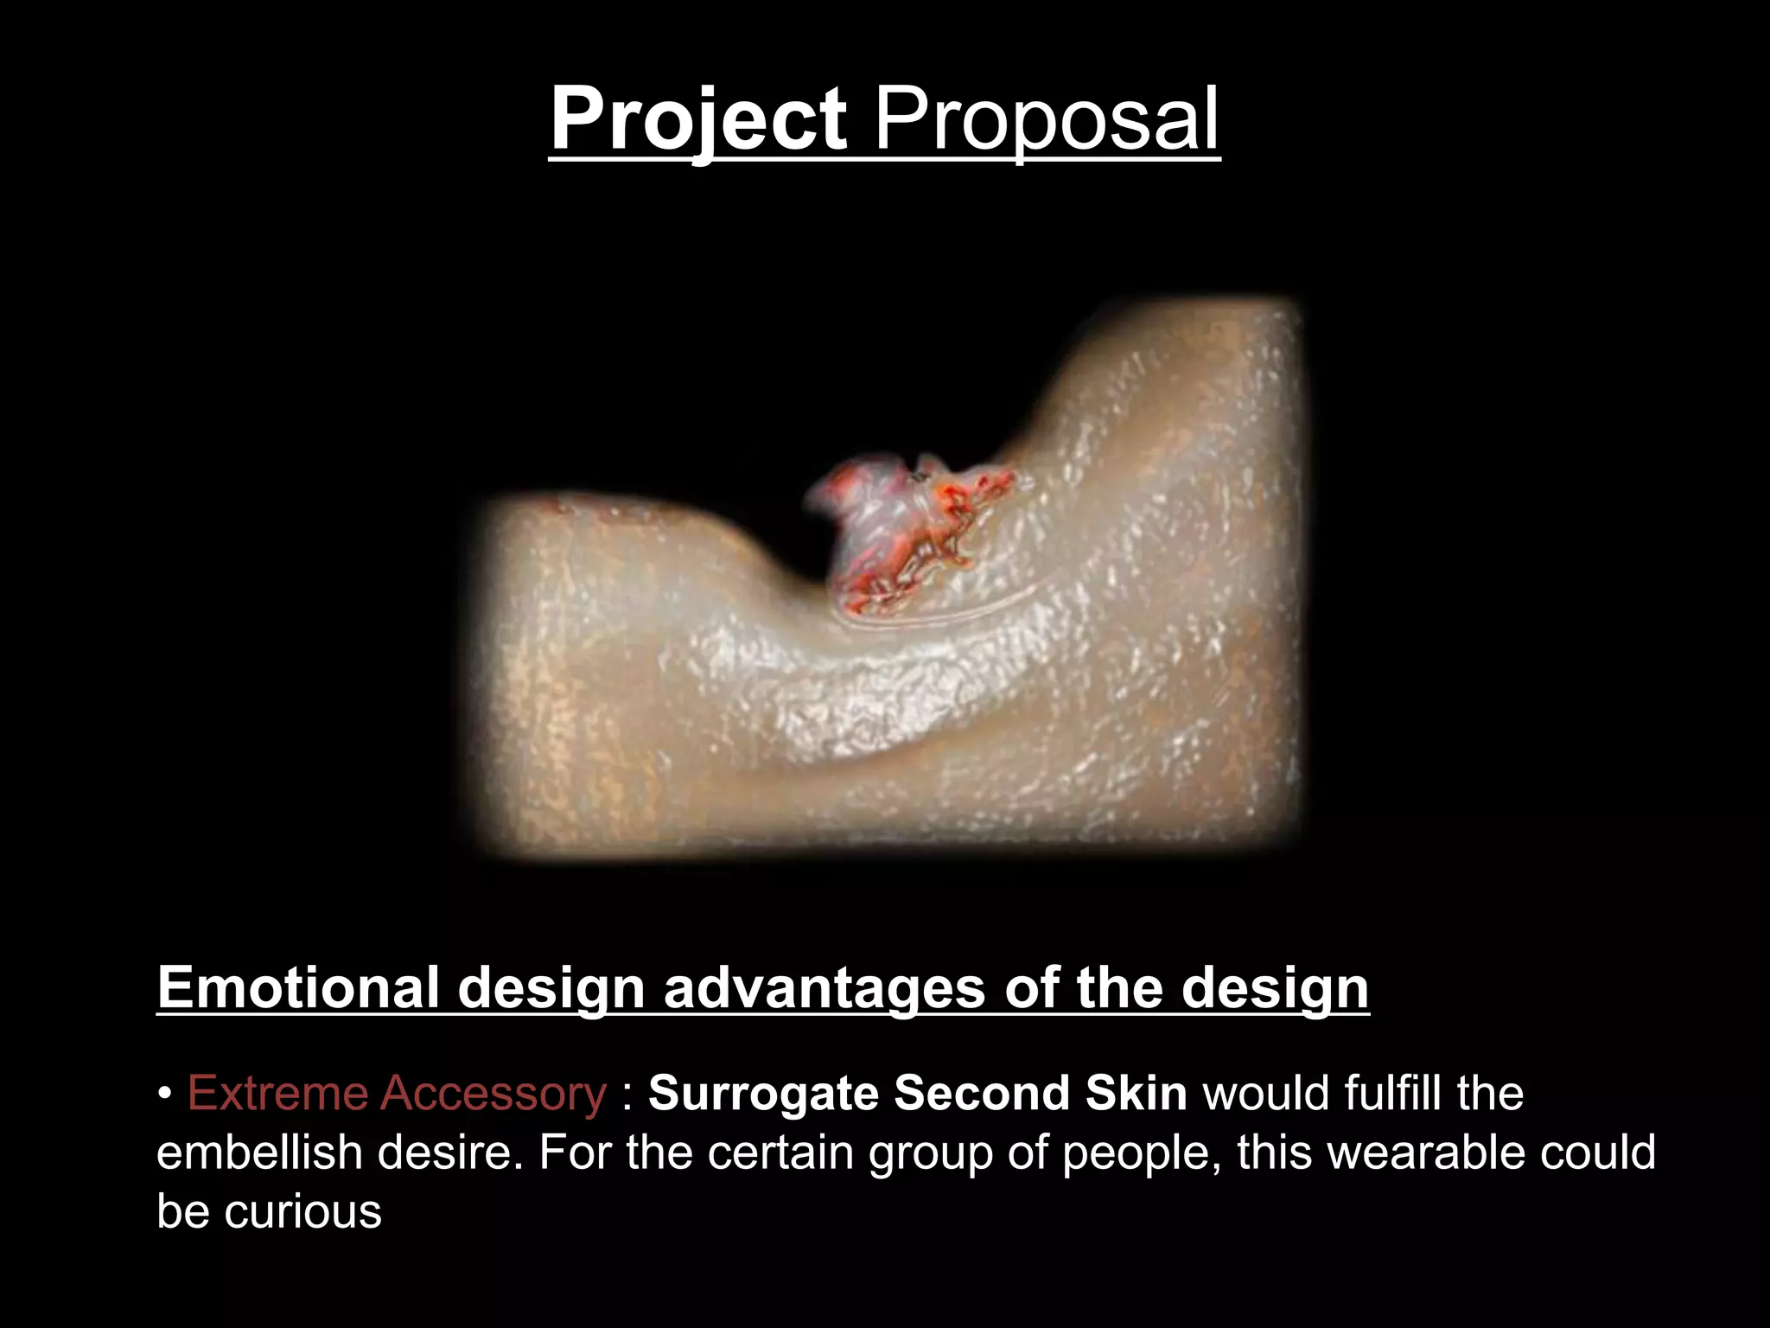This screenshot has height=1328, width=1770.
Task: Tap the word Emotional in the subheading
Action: pos(297,987)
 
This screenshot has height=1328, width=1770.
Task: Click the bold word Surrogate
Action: pos(763,1095)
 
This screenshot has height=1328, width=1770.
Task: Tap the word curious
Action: pos(302,1211)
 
